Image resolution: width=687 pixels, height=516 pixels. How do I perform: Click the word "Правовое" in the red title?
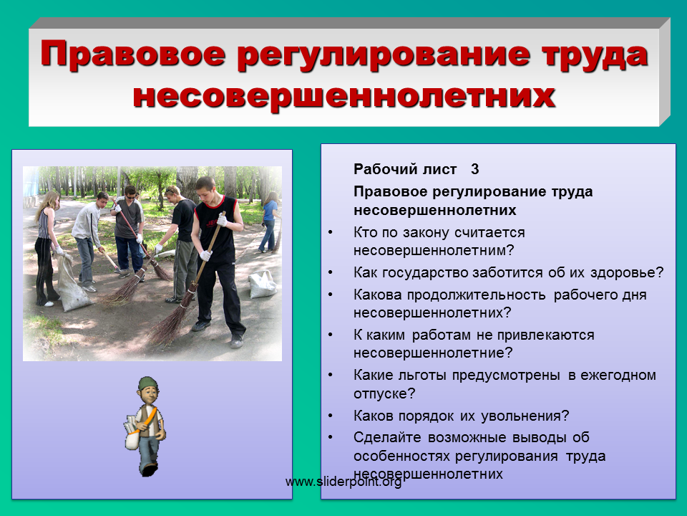(x=133, y=54)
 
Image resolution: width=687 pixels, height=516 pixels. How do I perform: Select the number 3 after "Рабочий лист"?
(x=475, y=169)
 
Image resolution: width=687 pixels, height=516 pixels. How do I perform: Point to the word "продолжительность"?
(x=477, y=295)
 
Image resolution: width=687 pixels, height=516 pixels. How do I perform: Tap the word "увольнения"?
(x=521, y=416)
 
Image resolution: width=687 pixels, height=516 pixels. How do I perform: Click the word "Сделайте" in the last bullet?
(x=387, y=437)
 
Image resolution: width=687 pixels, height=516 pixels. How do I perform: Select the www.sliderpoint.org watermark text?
(x=343, y=482)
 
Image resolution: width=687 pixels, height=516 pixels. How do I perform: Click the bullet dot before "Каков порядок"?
(x=331, y=416)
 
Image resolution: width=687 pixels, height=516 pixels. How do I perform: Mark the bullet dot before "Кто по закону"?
(x=331, y=232)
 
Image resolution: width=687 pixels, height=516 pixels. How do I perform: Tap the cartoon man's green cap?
(x=147, y=382)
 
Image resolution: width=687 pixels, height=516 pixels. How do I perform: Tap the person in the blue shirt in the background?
(x=268, y=221)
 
